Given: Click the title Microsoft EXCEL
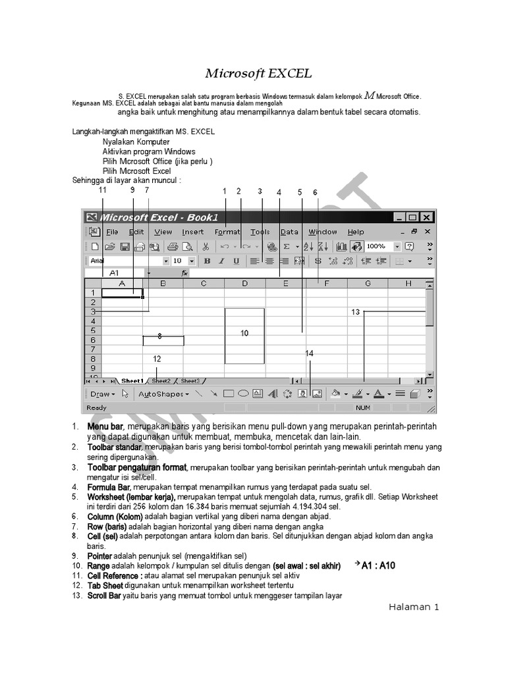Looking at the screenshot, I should tap(258, 73).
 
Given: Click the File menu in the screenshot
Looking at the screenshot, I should tap(112, 232).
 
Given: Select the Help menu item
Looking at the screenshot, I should tap(356, 232).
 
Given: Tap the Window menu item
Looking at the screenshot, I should tap(323, 232).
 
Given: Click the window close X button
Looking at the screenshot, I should tap(426, 217).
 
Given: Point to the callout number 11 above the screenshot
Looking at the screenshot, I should tap(102, 190).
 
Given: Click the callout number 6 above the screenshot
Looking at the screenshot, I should tap(315, 192).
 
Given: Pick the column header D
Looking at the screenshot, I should tap(244, 284).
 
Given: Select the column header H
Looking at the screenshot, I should tap(408, 284).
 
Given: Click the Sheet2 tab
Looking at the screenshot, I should tap(161, 380).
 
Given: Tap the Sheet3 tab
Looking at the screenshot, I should tap(190, 380).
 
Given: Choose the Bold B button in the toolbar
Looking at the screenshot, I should tap(207, 261).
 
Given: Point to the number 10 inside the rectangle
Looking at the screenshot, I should tap(244, 334).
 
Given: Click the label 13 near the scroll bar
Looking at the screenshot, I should tap(356, 312).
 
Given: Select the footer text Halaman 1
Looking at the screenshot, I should tap(412, 608).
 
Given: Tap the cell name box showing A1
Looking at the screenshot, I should tap(115, 272).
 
